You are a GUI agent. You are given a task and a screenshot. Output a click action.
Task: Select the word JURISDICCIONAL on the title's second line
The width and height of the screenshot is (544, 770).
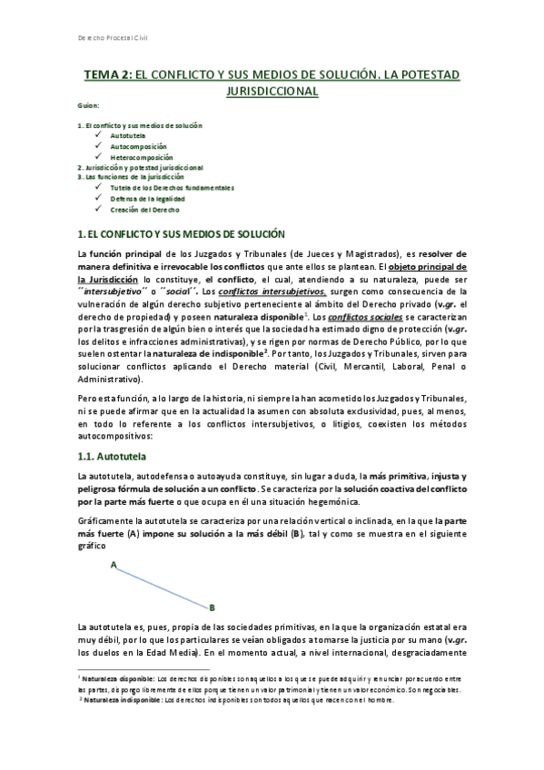(x=272, y=92)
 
